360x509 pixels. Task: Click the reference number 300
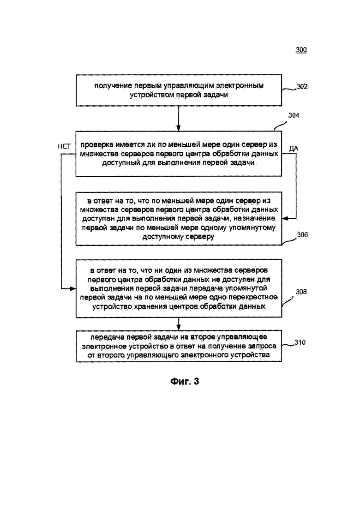point(301,50)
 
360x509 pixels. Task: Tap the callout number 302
point(302,87)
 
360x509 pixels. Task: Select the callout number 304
point(294,115)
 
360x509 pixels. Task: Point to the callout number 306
point(302,235)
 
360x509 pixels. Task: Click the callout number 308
point(301,292)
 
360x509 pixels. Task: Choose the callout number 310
point(300,342)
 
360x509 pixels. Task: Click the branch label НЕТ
point(64,147)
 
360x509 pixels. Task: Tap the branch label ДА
point(294,149)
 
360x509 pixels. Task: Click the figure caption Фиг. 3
point(184,381)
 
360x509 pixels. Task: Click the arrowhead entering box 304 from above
point(178,128)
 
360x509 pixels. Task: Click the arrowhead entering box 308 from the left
point(73,288)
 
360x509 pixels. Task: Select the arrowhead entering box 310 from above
point(178,328)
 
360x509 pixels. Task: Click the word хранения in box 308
point(151,307)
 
